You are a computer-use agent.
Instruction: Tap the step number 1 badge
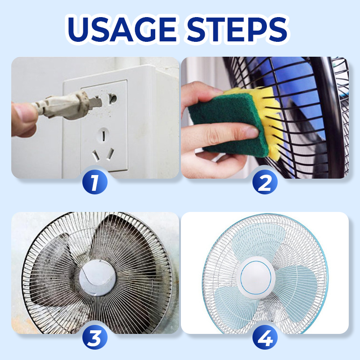tap(95, 182)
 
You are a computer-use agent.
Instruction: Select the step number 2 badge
tap(265, 182)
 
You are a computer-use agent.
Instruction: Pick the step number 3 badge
tap(95, 337)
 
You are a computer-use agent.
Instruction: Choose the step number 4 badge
tap(265, 337)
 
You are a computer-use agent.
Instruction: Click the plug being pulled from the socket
tap(67, 105)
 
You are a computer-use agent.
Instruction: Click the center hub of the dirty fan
tap(98, 278)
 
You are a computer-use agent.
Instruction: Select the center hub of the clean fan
tap(256, 277)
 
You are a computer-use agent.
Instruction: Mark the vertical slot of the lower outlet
tap(104, 136)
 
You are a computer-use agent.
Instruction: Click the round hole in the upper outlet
tap(112, 99)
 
